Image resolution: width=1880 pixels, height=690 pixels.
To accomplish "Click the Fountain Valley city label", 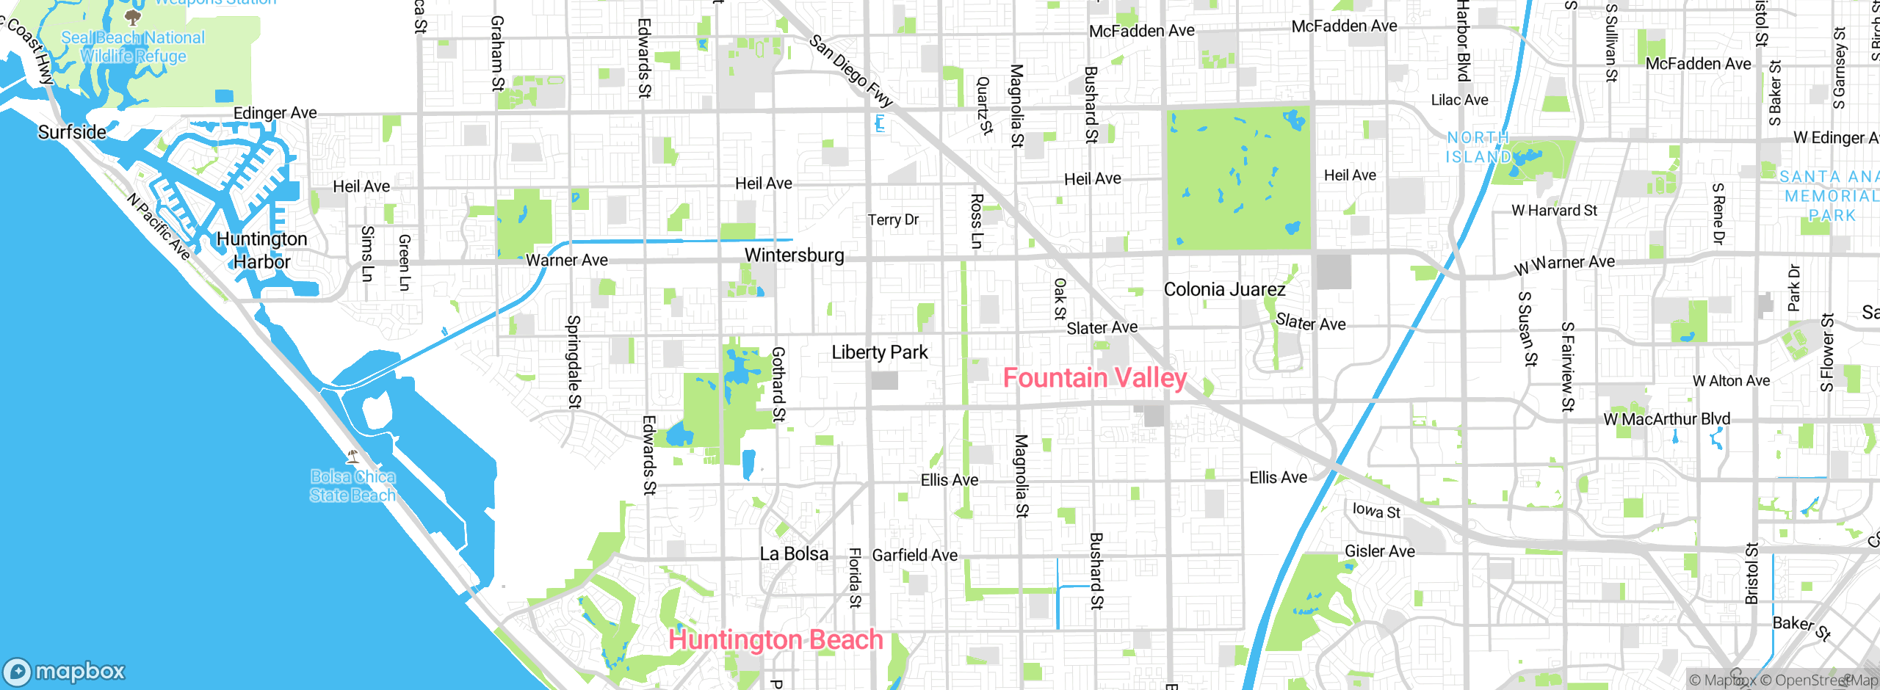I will tap(1094, 378).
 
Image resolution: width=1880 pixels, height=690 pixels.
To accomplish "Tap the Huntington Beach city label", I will tap(775, 639).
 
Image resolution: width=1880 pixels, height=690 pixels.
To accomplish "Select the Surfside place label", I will tap(72, 132).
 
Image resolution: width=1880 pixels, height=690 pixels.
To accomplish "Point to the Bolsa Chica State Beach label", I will tap(352, 486).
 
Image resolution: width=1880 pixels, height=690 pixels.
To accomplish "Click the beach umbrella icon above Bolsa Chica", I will tap(352, 457).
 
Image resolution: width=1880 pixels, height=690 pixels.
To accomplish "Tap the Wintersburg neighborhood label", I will tap(794, 255).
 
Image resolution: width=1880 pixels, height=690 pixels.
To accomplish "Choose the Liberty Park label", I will tap(879, 352).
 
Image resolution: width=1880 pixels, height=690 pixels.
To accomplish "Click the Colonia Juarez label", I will tap(1224, 289).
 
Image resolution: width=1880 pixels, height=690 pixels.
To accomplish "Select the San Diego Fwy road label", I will tap(850, 70).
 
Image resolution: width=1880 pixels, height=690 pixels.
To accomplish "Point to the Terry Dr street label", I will tap(893, 219).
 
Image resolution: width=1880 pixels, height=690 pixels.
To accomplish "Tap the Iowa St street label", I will tap(1376, 510).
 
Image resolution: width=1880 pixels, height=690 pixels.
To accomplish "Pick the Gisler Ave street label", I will tap(1379, 551).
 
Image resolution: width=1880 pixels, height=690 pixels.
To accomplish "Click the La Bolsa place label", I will tap(794, 554).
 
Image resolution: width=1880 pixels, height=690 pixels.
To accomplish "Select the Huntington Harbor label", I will tap(261, 250).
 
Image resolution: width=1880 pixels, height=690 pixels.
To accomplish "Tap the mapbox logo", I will tap(65, 671).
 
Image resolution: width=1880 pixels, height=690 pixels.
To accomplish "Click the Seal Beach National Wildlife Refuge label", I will tap(133, 46).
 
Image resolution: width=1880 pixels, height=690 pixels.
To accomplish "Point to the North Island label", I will tap(1478, 147).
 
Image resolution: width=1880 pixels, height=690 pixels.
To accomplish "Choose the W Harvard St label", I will tap(1554, 211).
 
